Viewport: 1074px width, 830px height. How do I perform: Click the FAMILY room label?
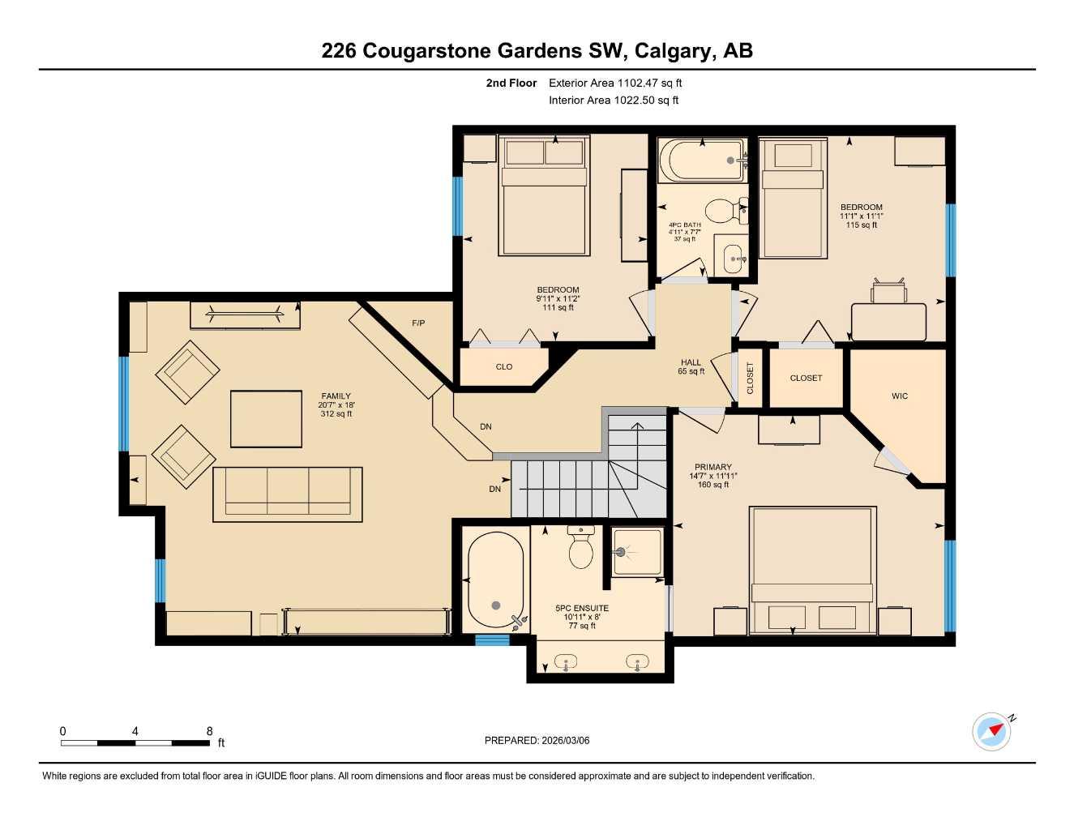pos(336,396)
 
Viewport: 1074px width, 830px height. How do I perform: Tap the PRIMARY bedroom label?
pos(712,467)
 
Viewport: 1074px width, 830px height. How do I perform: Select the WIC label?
pos(900,396)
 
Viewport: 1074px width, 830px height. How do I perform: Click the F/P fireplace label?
pos(418,323)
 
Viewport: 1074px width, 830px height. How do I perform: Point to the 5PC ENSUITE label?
pos(581,608)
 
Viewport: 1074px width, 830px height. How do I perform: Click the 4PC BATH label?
pos(685,225)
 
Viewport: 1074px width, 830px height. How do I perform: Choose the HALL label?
pos(691,362)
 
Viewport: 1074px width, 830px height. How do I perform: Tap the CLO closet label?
pos(504,367)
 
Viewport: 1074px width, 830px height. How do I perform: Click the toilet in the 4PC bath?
pos(724,212)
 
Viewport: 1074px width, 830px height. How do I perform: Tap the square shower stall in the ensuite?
pos(637,552)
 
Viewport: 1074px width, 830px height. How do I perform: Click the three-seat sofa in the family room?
pos(287,494)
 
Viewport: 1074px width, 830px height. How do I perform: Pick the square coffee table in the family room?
pos(266,419)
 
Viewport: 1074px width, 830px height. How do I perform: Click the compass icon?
pos(992,731)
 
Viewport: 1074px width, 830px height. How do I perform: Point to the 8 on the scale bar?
pos(209,731)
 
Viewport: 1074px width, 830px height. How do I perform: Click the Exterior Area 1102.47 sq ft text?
pos(615,83)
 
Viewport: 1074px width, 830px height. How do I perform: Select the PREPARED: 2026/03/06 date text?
pos(537,740)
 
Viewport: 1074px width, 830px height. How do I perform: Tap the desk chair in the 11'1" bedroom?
pos(888,291)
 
